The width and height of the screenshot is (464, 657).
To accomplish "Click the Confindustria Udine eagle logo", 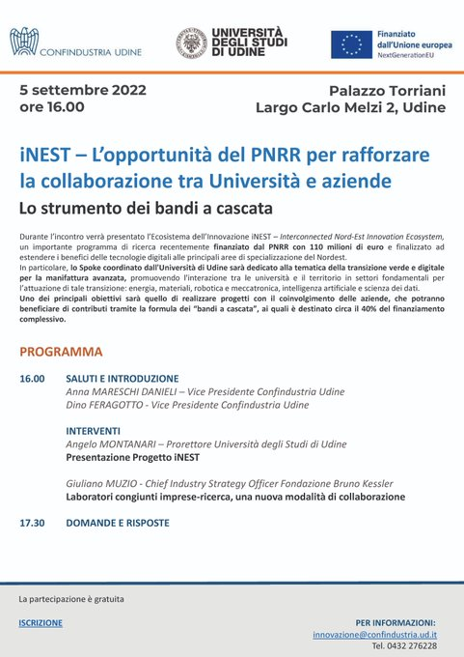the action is point(22,43).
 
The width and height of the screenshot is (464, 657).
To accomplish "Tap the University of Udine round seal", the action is point(190,43).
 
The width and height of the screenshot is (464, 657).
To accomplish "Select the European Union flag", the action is point(351,43).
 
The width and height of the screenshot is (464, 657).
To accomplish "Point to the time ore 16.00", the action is point(49,107).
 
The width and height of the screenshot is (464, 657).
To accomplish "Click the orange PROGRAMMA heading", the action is point(61,352).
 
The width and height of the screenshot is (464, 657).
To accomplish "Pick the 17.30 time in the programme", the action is point(32,523).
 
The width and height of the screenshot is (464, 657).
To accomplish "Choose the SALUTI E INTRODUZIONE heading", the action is point(123,378).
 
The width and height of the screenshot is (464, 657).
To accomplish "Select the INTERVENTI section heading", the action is point(93,431).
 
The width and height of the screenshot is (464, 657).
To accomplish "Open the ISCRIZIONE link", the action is point(41,623).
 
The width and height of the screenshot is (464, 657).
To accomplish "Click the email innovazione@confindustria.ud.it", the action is point(374,634).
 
